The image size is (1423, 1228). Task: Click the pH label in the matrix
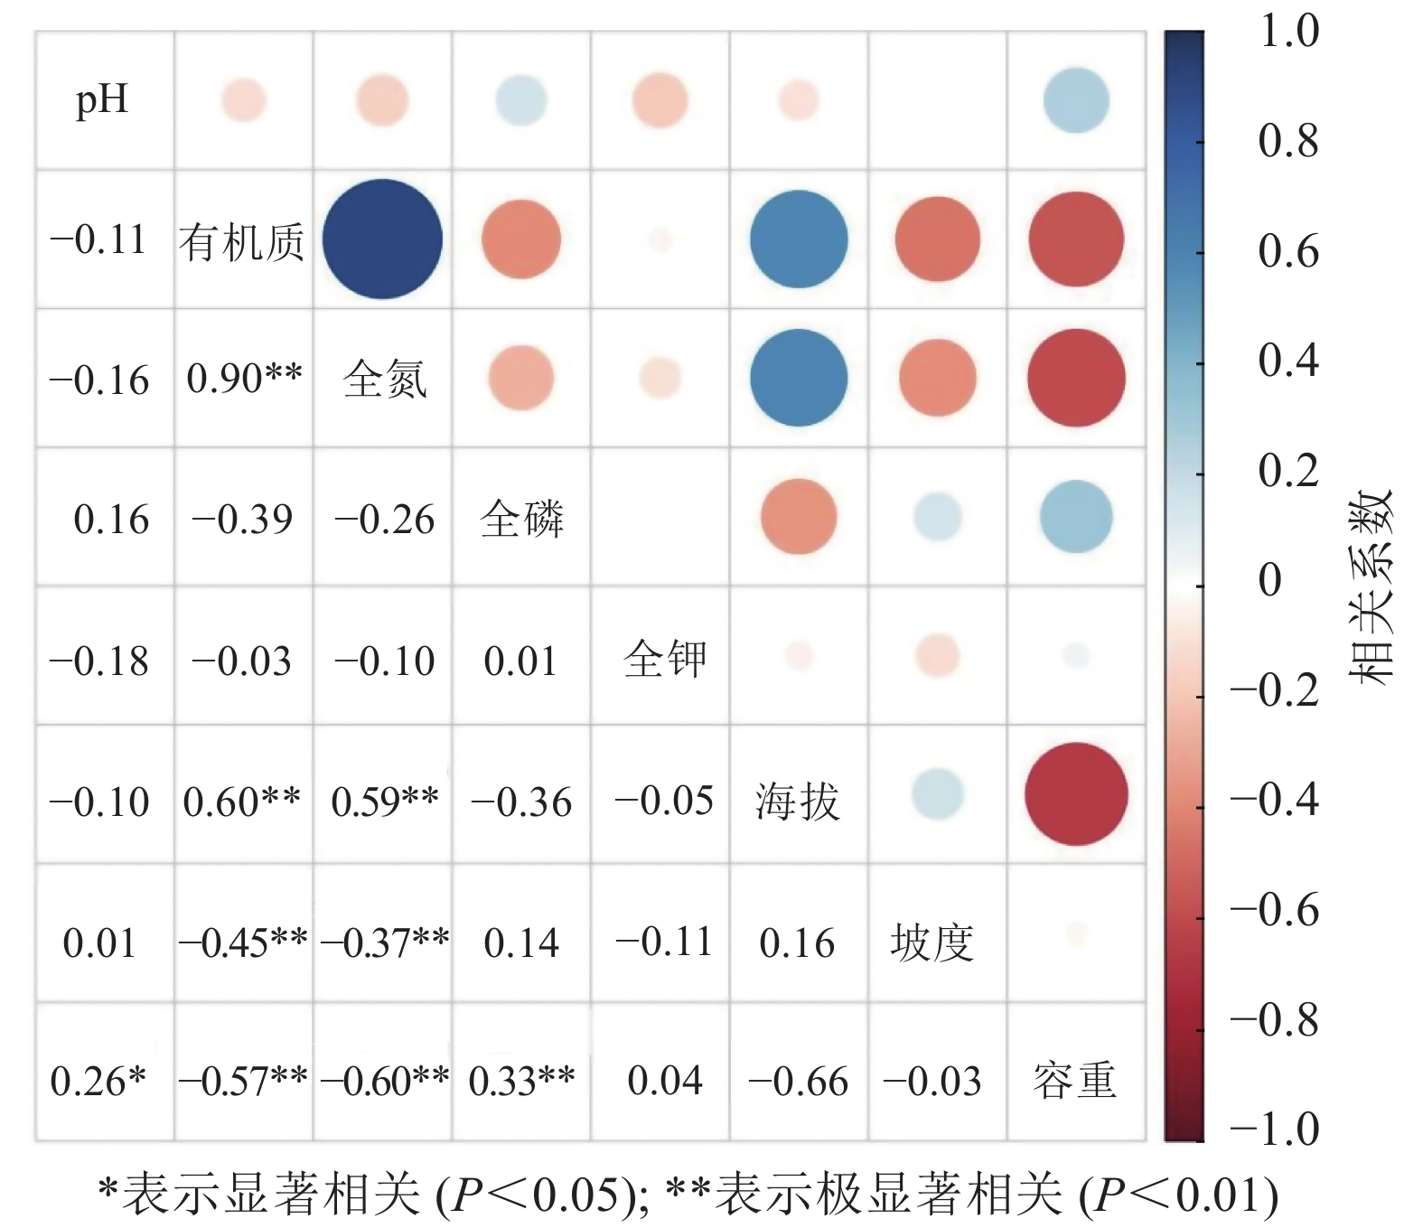102,99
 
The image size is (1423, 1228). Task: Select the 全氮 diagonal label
384,380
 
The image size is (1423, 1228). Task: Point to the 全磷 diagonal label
522,520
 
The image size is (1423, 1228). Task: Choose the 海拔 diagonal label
798,801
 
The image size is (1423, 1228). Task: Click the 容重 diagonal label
1074,1081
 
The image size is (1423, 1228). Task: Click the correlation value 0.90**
244,380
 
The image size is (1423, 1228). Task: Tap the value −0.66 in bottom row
799,1082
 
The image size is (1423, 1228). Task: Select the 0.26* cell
98,1082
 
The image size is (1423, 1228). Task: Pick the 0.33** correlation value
521,1081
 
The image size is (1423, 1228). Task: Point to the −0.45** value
243,942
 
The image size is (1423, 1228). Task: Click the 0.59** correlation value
385,801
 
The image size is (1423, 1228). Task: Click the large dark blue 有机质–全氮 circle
382,239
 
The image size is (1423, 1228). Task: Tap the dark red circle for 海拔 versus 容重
1075,794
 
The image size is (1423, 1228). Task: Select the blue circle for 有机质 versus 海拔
799,239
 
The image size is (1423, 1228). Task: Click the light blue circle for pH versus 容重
1075,99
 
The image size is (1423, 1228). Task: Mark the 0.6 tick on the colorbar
1287,252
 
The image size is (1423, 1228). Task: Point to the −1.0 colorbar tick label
1275,1130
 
